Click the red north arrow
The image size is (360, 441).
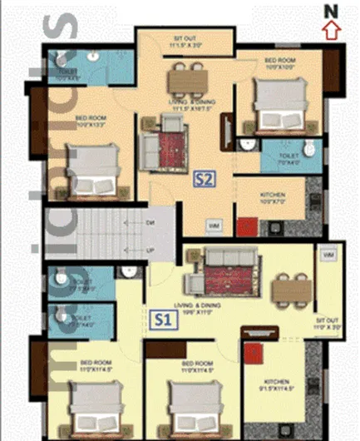(331, 31)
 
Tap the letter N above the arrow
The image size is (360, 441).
(331, 11)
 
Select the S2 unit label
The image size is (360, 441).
(203, 178)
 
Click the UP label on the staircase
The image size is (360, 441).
(151, 250)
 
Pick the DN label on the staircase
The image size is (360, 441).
(151, 224)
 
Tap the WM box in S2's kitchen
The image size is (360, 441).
(214, 225)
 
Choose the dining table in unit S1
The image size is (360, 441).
(291, 289)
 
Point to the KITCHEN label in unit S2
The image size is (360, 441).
(271, 195)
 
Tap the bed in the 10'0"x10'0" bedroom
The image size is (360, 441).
(269, 107)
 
